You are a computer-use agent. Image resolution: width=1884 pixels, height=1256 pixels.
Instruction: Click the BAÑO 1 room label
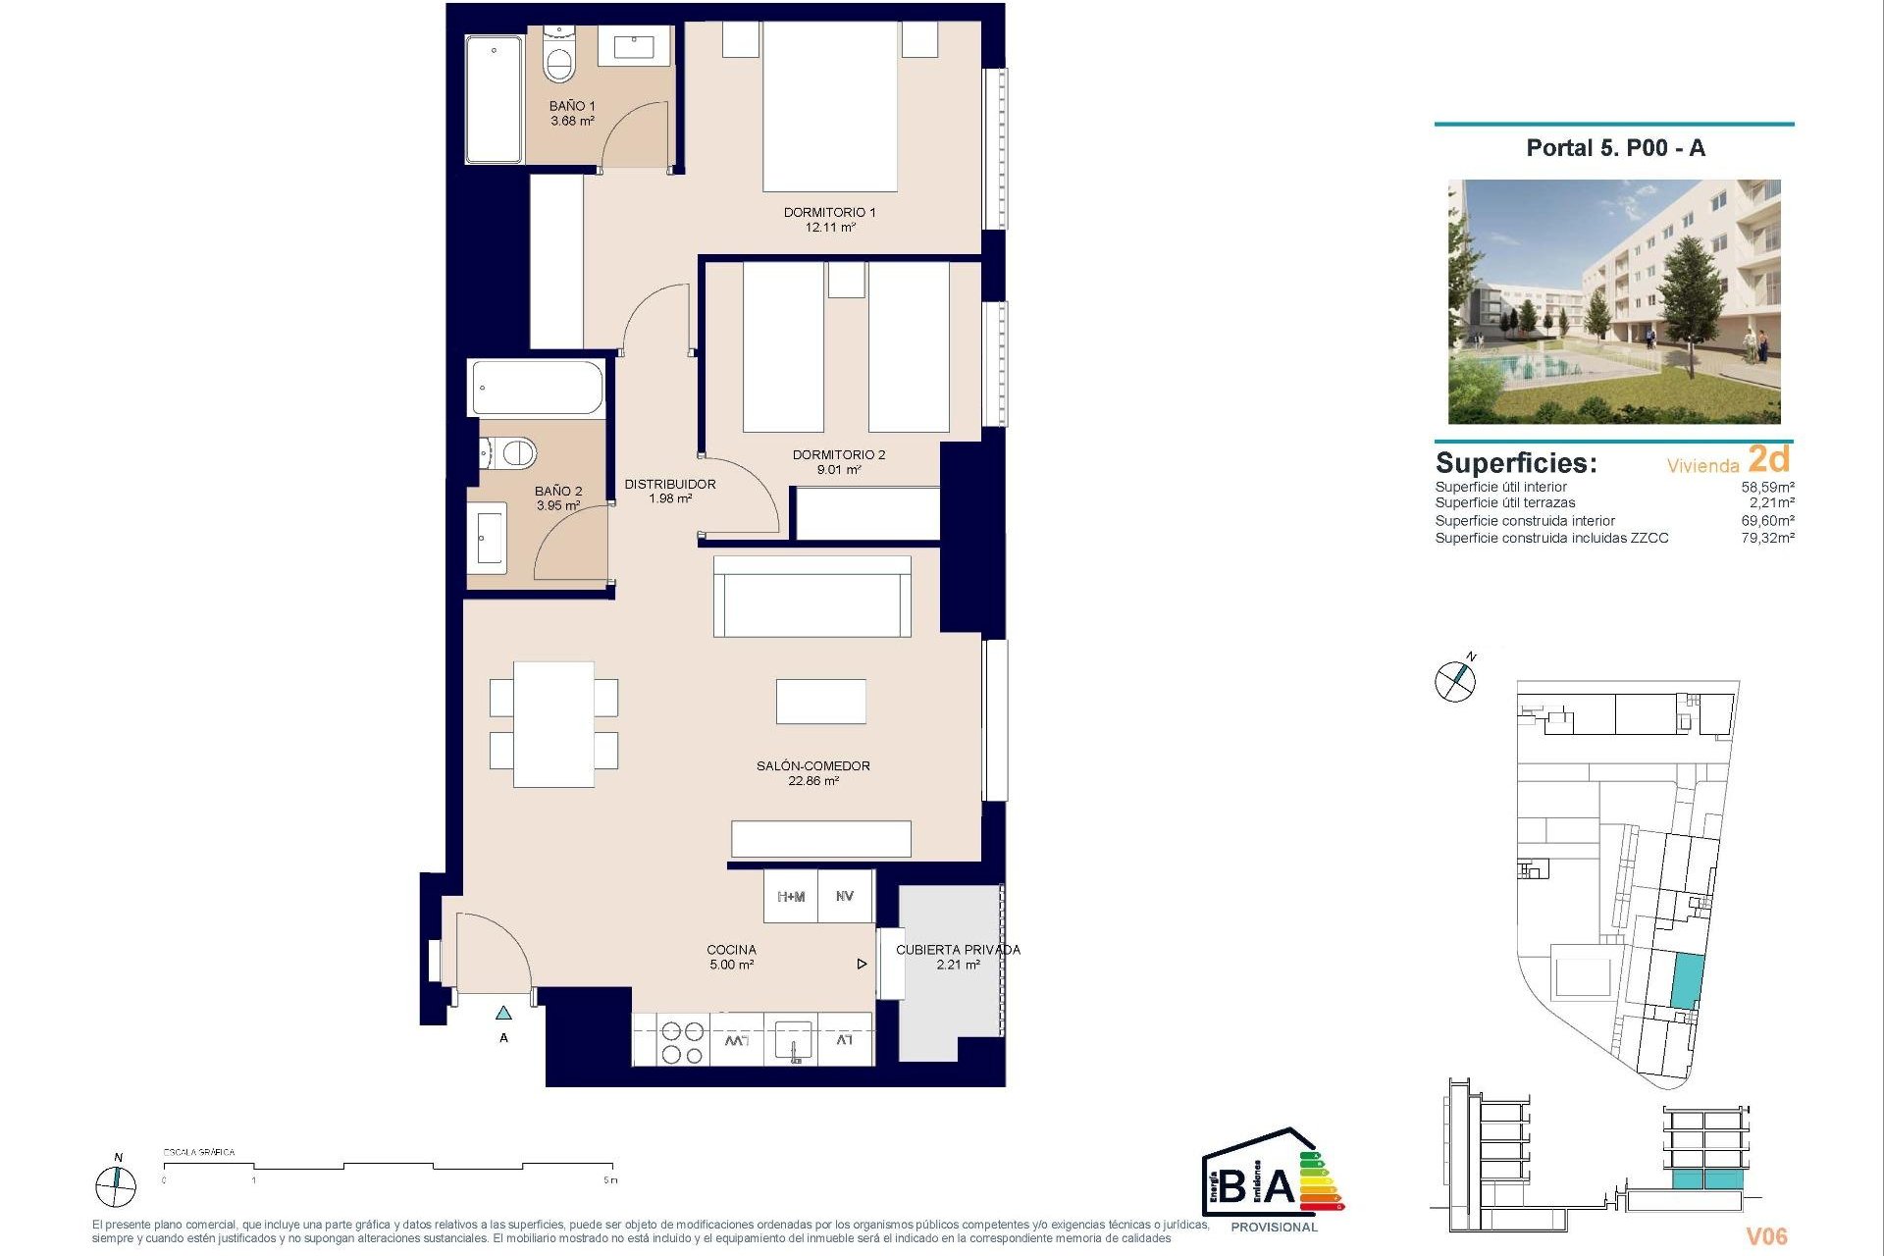coord(572,106)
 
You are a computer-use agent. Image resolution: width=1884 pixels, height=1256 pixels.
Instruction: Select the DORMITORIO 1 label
coord(829,212)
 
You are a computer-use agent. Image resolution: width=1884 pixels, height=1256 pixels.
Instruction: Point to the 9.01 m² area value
coord(839,470)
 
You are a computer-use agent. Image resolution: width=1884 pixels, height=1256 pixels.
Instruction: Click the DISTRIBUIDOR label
coord(670,484)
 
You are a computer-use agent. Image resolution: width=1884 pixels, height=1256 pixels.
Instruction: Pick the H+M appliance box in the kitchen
coord(791,897)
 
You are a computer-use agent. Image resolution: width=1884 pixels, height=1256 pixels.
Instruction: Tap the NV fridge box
coord(845,897)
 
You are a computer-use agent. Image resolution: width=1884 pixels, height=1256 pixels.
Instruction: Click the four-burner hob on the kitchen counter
coord(682,1042)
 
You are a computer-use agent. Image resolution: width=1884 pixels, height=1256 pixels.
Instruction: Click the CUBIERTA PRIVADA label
coord(958,950)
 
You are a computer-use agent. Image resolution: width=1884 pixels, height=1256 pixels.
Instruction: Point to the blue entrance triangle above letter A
coord(503,1013)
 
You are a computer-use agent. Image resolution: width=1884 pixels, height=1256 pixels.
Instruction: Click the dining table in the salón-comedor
coord(553,724)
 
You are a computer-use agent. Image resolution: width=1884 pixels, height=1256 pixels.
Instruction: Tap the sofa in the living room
coord(811,597)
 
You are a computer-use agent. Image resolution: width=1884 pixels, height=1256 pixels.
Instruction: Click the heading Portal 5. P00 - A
coord(1615,148)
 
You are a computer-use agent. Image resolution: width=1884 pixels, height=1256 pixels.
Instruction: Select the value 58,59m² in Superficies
coord(1767,487)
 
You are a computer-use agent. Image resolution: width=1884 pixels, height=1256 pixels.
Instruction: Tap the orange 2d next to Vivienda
coord(1769,459)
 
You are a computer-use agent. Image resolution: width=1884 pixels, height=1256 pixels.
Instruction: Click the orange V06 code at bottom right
coord(1765,1236)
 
